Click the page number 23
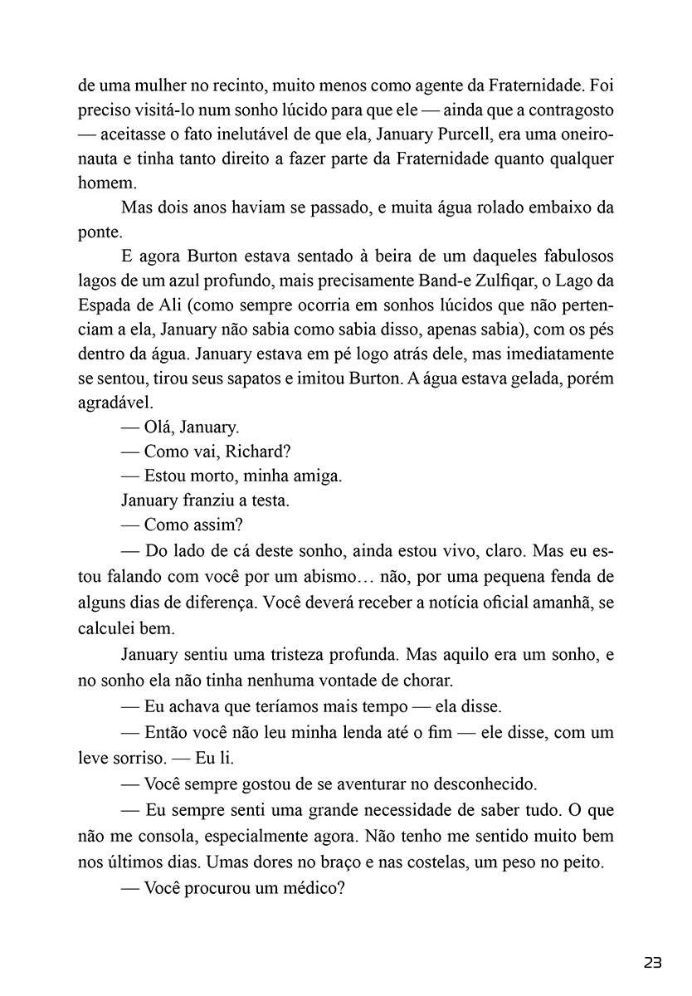click(x=652, y=963)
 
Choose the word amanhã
click(x=562, y=602)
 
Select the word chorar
click(x=427, y=681)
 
